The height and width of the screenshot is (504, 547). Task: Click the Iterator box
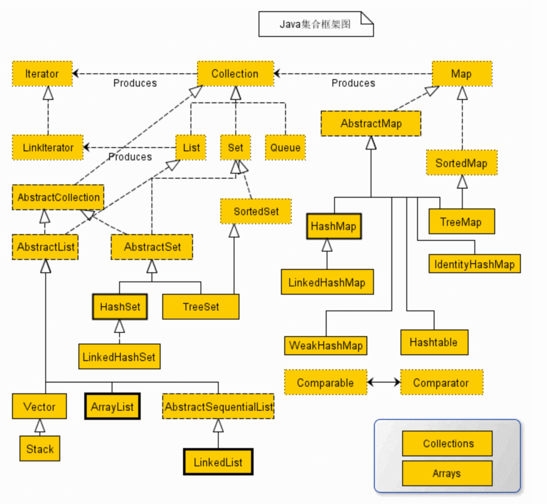click(42, 74)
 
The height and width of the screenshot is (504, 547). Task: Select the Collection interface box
click(235, 74)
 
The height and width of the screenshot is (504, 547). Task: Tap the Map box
click(462, 74)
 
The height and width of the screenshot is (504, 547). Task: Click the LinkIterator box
click(48, 148)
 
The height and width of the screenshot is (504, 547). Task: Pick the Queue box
click(285, 148)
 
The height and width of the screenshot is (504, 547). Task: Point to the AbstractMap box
click(371, 123)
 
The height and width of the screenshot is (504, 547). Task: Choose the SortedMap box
click(462, 163)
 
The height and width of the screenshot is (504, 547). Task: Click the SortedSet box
click(256, 211)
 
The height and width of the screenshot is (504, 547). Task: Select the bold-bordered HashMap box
click(334, 226)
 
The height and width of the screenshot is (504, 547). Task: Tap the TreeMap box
click(462, 222)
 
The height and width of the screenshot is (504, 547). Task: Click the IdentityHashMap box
click(475, 264)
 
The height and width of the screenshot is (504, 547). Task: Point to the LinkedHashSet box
click(119, 356)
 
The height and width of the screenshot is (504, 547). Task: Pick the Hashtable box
click(434, 342)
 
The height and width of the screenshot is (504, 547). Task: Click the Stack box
click(40, 449)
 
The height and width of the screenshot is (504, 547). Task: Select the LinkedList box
click(218, 462)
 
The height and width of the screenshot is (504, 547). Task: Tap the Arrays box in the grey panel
click(447, 473)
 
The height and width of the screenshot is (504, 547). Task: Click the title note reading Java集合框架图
click(316, 24)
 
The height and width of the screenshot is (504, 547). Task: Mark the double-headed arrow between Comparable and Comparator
click(384, 382)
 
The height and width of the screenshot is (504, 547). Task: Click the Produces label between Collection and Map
click(353, 83)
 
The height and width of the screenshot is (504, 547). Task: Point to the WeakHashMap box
click(326, 346)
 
